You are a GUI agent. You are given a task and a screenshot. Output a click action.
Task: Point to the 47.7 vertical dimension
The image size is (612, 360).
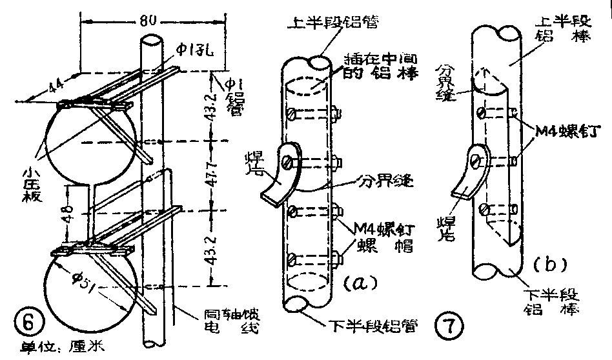point(215,174)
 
